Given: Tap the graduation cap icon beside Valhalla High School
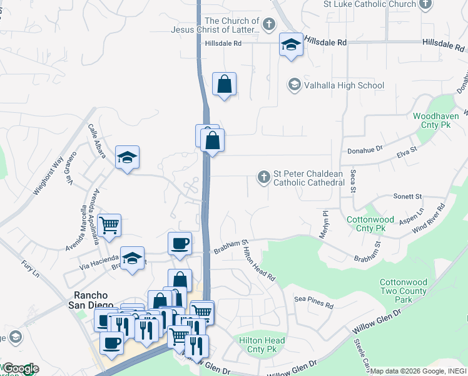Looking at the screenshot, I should click(294, 84).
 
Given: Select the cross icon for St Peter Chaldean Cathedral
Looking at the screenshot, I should click(264, 178).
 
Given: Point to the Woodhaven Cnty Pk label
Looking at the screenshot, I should click(436, 120).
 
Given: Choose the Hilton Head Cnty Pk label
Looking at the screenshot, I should click(262, 345).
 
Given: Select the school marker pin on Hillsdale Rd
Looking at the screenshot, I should click(291, 45).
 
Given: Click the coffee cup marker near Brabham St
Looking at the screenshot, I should click(180, 244).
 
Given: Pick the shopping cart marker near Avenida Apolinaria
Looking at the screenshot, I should click(109, 226).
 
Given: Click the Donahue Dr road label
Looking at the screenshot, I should click(364, 152).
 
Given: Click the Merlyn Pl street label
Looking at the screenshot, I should click(324, 222).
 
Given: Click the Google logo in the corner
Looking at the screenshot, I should click(20, 369).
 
